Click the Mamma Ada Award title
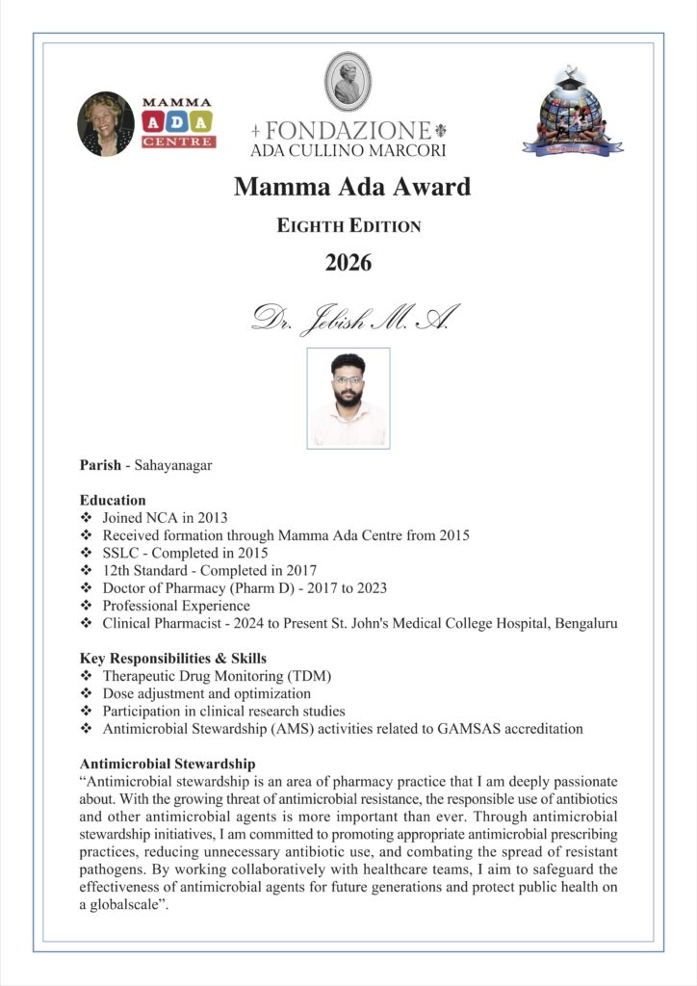351,187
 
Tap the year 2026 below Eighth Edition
348,262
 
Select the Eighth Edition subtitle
348,227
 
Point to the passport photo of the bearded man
348,398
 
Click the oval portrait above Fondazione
348,81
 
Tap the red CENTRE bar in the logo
178,142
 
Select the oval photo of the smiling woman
106,123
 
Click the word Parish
100,466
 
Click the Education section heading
113,501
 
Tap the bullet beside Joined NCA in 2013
87,518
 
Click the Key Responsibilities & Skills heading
173,659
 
